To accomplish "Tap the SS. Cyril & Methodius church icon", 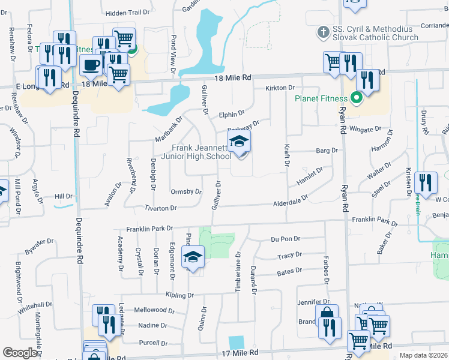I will pos(322,32).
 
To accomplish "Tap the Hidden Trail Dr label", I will pos(127,13).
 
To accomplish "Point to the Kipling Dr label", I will pos(178,295).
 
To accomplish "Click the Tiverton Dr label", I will pos(161,208).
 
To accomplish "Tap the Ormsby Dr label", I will pos(185,192).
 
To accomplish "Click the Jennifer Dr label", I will pos(314,302).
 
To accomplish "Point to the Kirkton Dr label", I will pos(280,88).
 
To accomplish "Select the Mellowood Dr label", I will pos(154,311).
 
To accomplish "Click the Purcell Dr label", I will pos(152,343).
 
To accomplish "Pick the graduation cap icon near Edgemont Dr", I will pos(193,257).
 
